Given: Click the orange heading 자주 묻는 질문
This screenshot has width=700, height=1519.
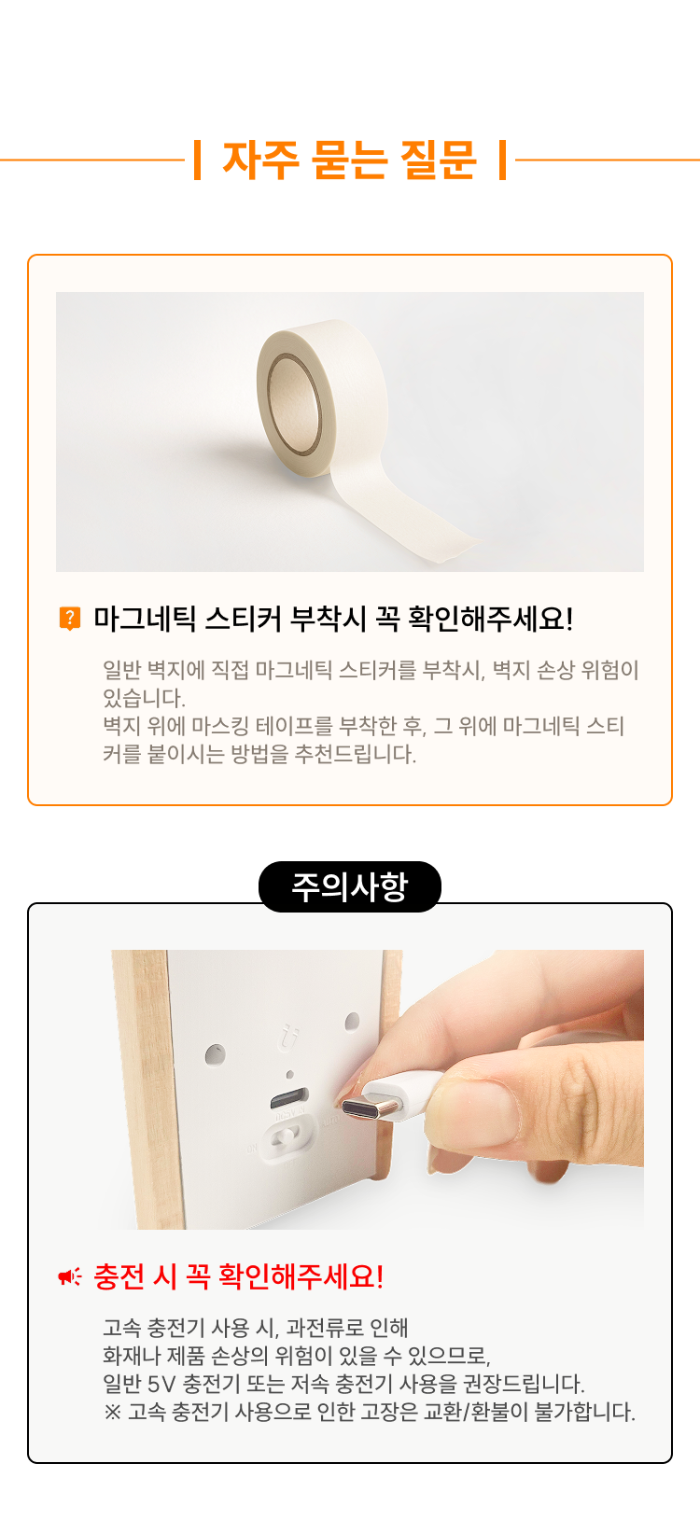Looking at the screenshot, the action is [349, 160].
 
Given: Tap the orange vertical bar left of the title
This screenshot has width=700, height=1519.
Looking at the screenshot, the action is [197, 160].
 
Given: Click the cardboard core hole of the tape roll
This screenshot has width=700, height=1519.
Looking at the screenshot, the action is [295, 406].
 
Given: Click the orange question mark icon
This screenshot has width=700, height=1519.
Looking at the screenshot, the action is [70, 619].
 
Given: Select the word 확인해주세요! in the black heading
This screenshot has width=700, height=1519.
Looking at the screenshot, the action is [490, 619].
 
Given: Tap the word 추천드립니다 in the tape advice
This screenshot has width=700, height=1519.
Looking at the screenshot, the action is [355, 754].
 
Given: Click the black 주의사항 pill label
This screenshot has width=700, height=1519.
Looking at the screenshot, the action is [350, 887].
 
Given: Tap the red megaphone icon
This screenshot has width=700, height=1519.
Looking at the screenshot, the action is [70, 1277].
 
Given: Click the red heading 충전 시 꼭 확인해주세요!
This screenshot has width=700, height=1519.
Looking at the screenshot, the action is [239, 1276].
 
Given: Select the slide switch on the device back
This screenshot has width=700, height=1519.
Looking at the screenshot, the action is [287, 1138].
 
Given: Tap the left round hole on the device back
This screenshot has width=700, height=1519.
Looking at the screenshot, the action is [215, 1055].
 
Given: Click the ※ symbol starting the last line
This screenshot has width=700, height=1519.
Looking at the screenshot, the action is [112, 1413].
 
